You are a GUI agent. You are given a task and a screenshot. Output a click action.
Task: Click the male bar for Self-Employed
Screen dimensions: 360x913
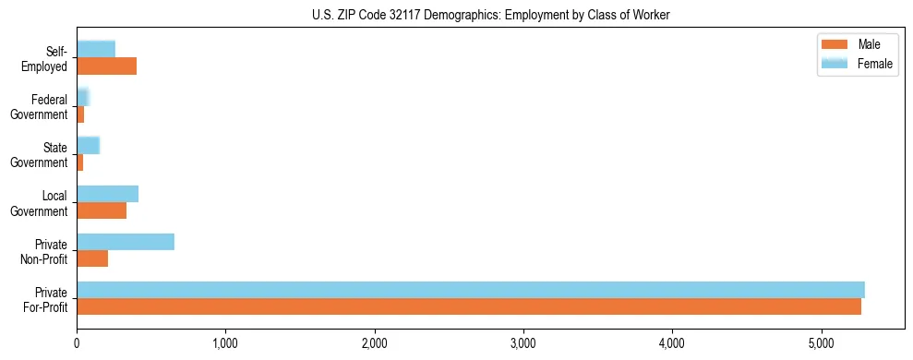point(106,66)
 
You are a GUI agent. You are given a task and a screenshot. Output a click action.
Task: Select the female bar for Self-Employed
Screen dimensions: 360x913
point(96,49)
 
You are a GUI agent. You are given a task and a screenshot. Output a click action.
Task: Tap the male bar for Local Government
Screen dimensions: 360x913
point(102,210)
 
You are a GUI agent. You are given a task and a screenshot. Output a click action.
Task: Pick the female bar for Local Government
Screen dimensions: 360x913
point(107,194)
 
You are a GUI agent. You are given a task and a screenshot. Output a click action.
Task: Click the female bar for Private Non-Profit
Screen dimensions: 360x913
point(126,242)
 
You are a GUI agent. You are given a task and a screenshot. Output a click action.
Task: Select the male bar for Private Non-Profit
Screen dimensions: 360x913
point(92,258)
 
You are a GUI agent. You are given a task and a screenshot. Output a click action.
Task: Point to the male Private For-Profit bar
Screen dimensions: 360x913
point(469,306)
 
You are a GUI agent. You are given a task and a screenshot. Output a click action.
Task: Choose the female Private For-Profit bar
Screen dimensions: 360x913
point(471,290)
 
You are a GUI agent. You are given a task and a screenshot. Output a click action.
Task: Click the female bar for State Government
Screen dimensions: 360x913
point(88,146)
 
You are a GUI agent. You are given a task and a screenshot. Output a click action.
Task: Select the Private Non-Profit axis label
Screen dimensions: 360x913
point(43,251)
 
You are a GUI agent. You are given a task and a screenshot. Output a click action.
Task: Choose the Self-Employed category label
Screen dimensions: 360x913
point(43,59)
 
